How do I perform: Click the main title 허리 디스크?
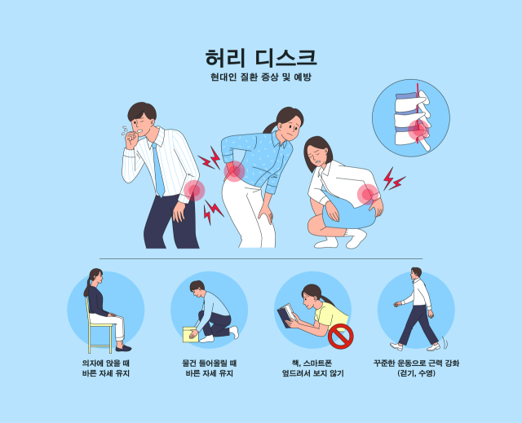(261, 58)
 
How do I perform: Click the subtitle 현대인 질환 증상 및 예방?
(261, 77)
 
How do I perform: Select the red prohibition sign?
(340, 335)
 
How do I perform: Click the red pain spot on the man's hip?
(194, 191)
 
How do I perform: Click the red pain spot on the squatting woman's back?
(369, 194)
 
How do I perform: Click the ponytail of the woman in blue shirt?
(268, 127)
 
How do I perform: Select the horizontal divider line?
(261, 258)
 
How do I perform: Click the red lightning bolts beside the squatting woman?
(393, 179)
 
